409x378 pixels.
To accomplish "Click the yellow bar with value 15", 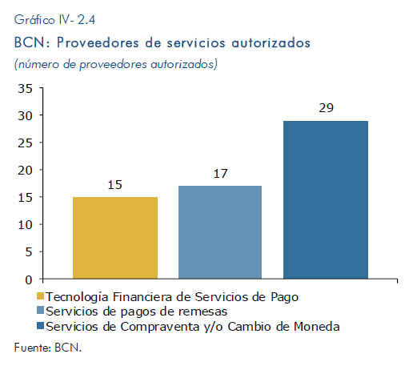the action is click(115, 238).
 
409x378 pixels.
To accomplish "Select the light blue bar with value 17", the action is click(220, 232).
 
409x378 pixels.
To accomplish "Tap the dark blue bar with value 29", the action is click(326, 199).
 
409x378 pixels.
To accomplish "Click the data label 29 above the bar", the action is click(326, 108).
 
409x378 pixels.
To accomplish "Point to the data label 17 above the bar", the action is click(220, 174).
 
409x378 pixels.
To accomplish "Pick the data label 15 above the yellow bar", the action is click(114, 185).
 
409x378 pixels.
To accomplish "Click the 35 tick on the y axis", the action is click(25, 88).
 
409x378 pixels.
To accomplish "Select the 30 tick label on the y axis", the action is click(25, 115).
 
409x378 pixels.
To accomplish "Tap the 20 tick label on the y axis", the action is click(25, 171).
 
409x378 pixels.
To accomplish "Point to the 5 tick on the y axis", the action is click(29, 251).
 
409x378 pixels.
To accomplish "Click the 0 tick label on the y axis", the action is click(29, 279).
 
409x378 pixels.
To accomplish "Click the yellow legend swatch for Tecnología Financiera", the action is click(40, 296).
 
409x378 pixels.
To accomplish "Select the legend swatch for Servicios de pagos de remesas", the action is click(40, 310).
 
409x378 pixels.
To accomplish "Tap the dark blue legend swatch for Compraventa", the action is click(40, 326).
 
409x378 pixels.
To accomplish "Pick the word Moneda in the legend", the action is click(317, 327).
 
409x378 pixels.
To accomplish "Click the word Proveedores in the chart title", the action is click(98, 42).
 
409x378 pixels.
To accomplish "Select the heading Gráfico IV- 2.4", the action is click(54, 20).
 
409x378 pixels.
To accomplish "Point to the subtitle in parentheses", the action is click(116, 64).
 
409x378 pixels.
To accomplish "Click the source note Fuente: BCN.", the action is click(48, 348).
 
